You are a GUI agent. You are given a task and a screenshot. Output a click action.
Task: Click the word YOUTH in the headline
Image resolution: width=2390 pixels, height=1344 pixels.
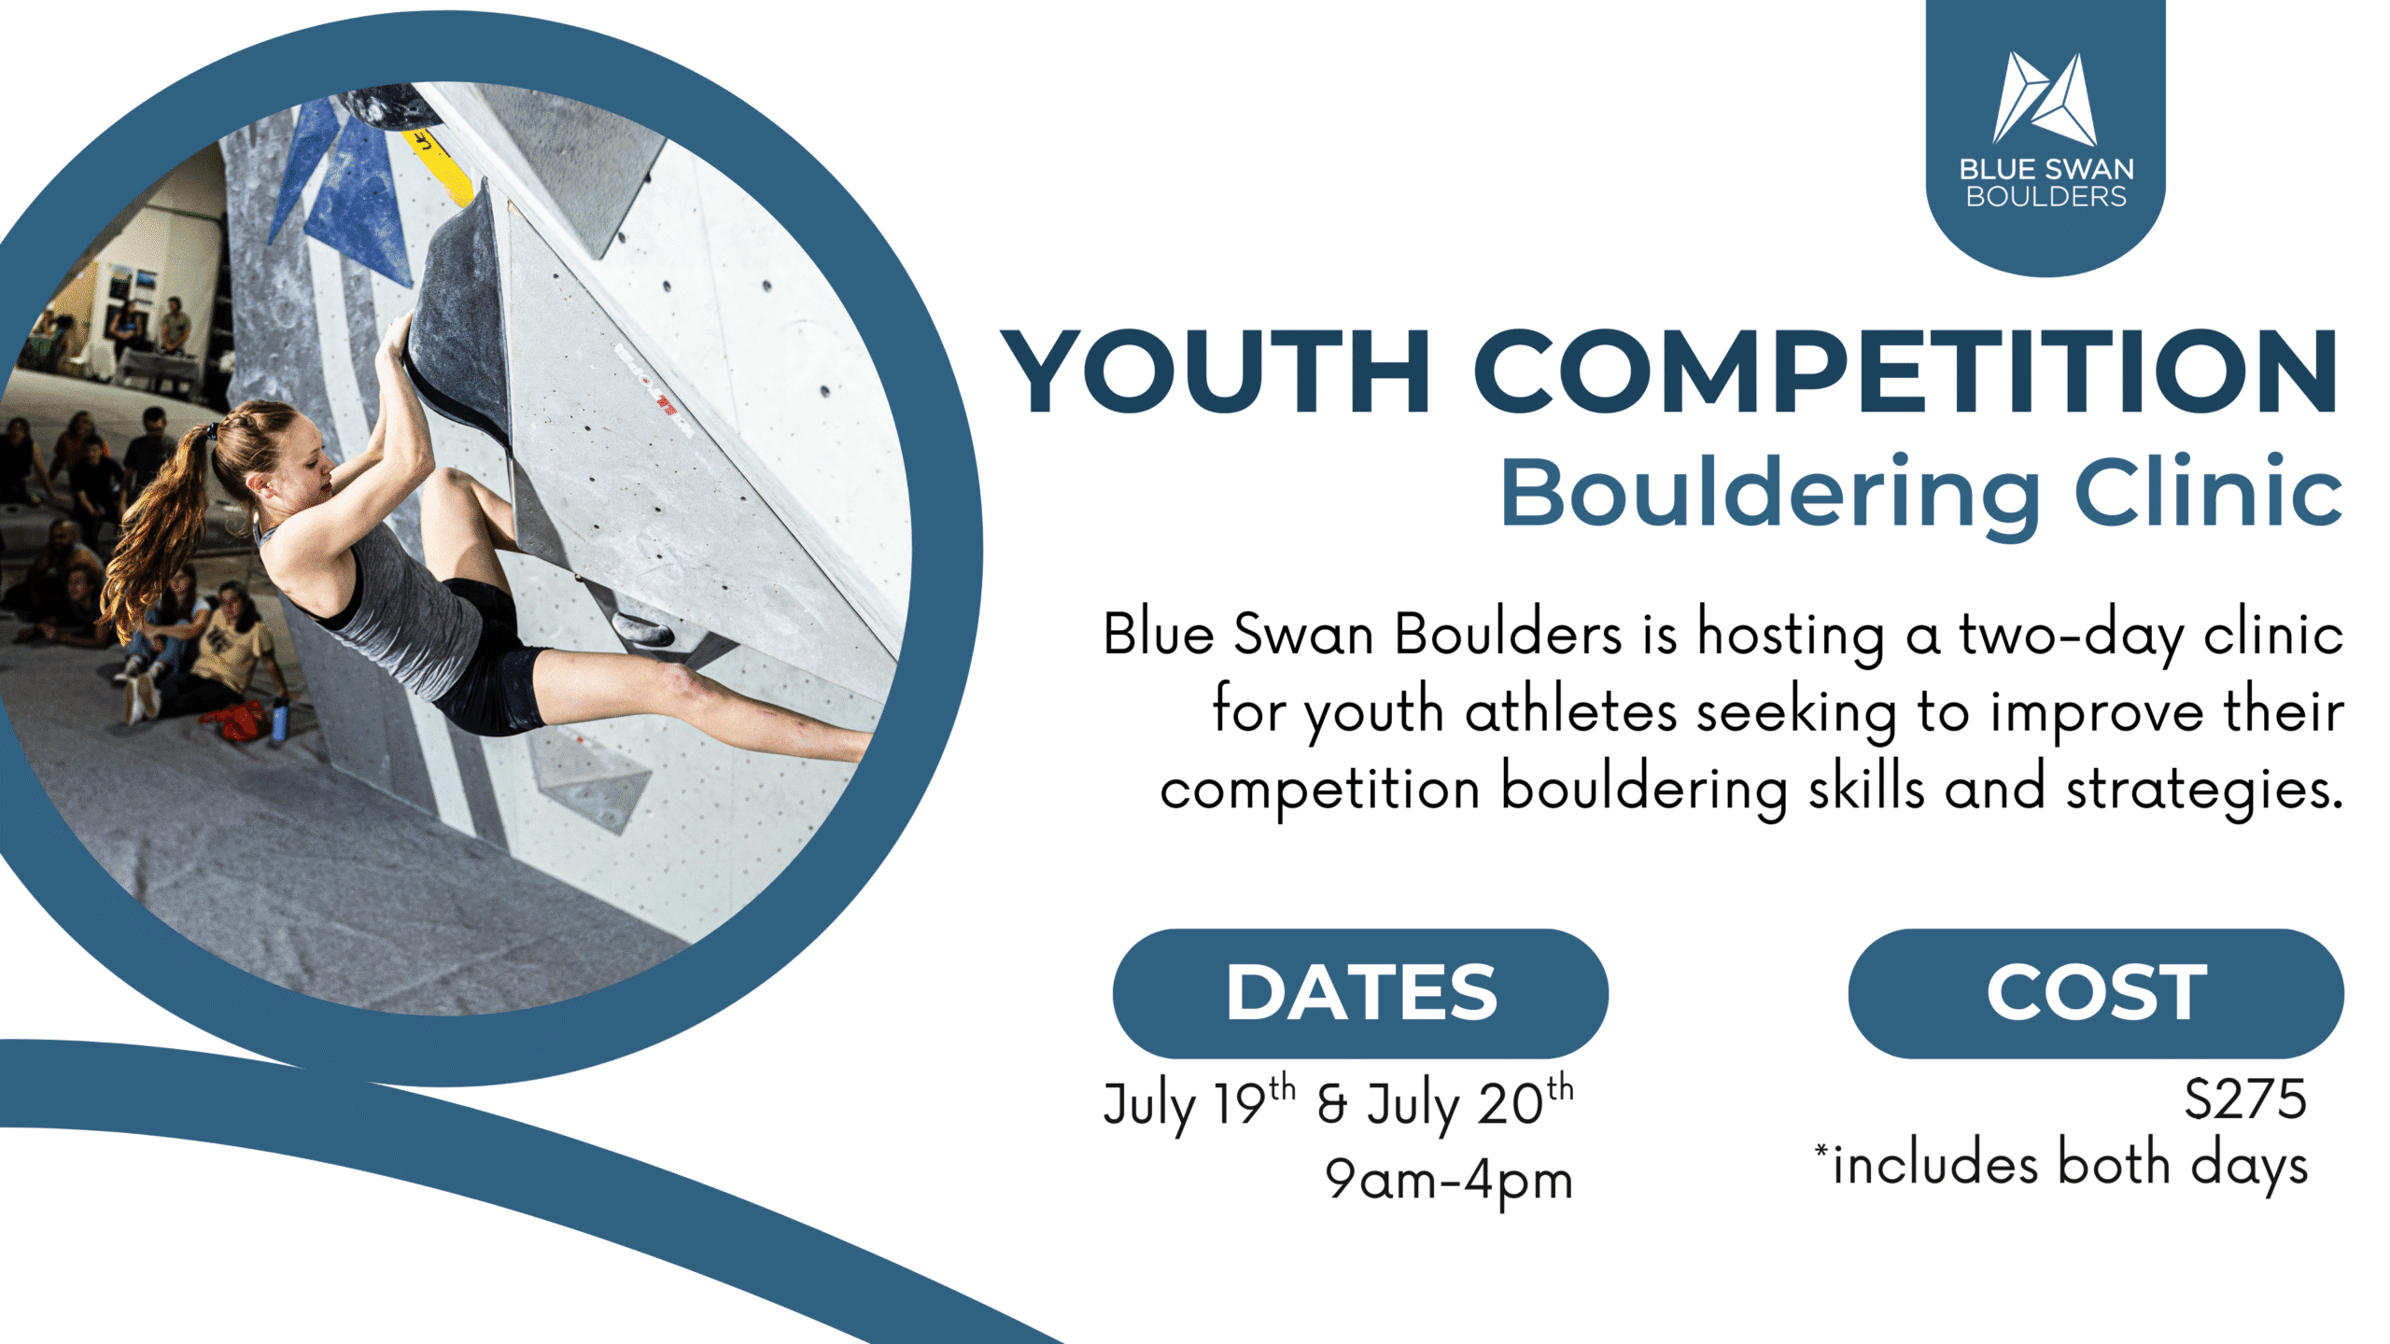(x=1216, y=371)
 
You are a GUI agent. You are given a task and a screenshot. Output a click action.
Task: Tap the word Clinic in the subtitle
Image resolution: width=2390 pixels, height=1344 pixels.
(x=2208, y=492)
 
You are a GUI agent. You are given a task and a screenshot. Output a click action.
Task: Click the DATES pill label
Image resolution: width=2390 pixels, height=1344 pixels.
(x=1361, y=992)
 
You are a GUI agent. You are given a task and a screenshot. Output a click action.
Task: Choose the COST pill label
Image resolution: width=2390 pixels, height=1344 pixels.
(x=2096, y=992)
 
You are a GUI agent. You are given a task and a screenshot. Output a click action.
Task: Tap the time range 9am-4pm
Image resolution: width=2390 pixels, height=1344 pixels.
(x=1449, y=1182)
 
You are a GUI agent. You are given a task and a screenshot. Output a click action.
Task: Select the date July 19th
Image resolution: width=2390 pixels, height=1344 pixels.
(x=1199, y=1103)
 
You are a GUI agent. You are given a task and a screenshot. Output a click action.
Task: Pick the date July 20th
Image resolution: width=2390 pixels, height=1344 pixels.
(x=1470, y=1103)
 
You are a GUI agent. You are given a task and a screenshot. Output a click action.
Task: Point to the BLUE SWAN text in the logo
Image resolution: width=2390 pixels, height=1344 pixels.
(x=2046, y=169)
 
